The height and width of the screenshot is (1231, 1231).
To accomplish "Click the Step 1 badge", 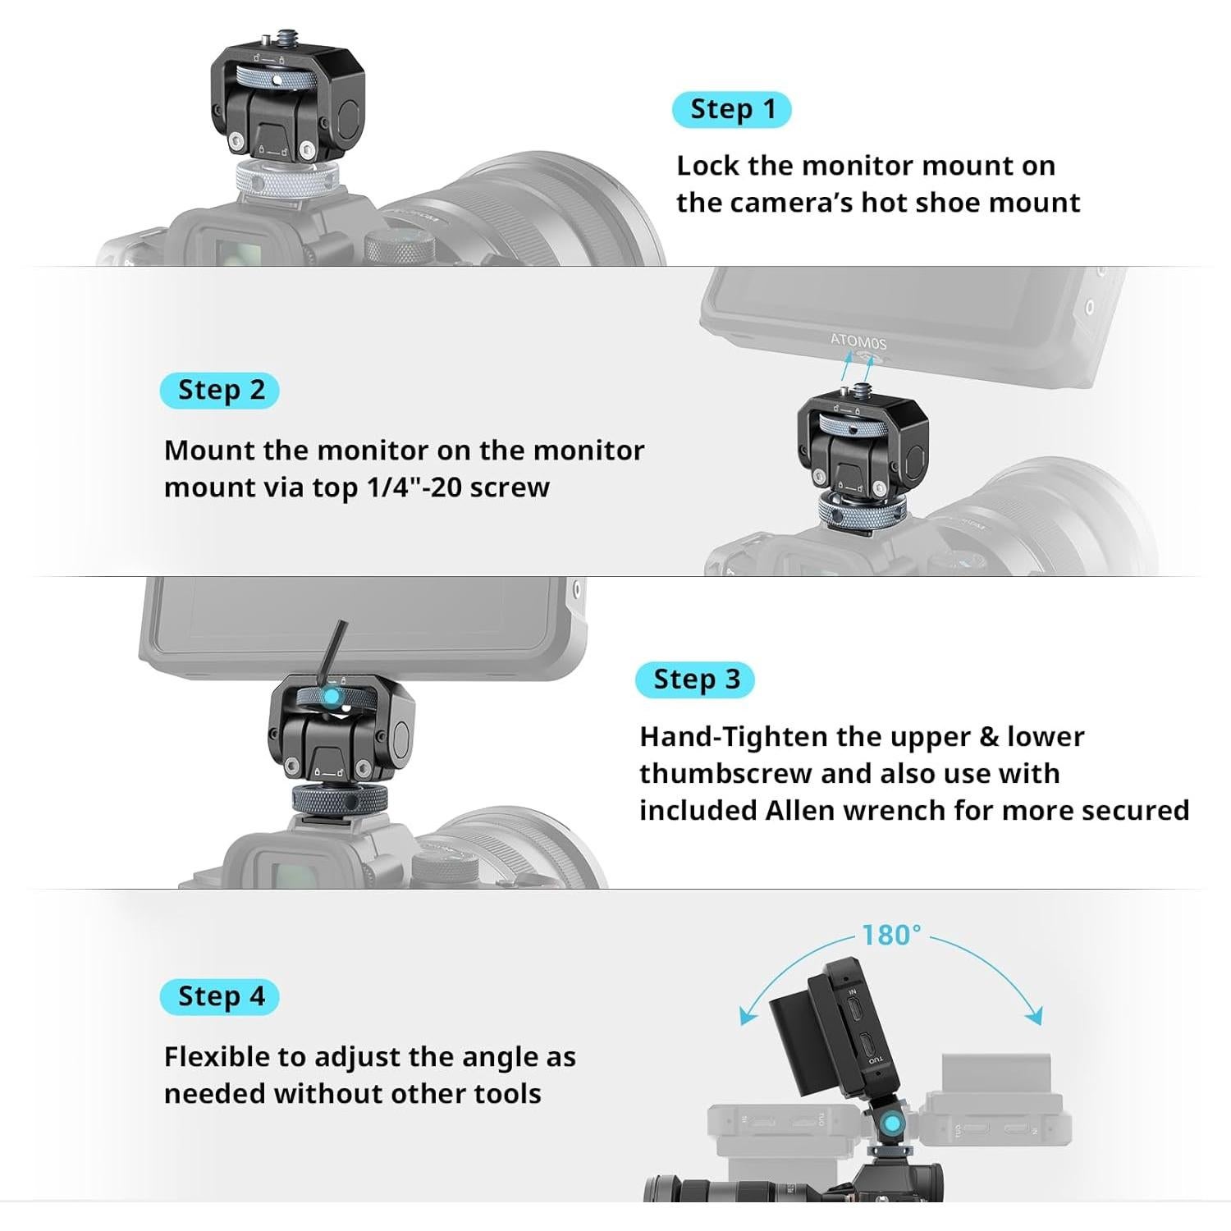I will [731, 109].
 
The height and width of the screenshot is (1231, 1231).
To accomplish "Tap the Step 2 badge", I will [220, 391].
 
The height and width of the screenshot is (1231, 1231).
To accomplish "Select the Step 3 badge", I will [695, 680].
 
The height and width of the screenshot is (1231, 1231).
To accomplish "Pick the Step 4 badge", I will [220, 997].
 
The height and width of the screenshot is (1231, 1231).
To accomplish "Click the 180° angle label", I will [891, 935].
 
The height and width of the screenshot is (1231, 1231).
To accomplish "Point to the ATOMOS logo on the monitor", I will [858, 341].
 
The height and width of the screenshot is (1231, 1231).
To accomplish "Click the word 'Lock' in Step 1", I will [707, 166].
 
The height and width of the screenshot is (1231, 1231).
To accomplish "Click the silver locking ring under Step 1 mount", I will [287, 179].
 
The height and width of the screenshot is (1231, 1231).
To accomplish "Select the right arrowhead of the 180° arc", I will [1035, 1017].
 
